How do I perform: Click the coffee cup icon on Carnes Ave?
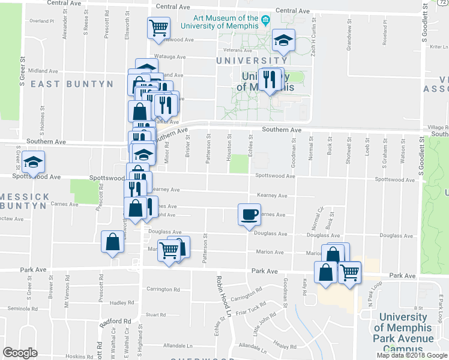coord(249,214)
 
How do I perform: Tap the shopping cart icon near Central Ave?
coord(158,27)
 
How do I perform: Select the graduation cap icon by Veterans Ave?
coord(283,40)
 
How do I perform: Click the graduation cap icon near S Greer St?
coord(34,161)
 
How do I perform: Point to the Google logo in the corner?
coord(19,353)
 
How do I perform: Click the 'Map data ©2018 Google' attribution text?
coord(412,355)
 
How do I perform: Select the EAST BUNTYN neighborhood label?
coord(72,84)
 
